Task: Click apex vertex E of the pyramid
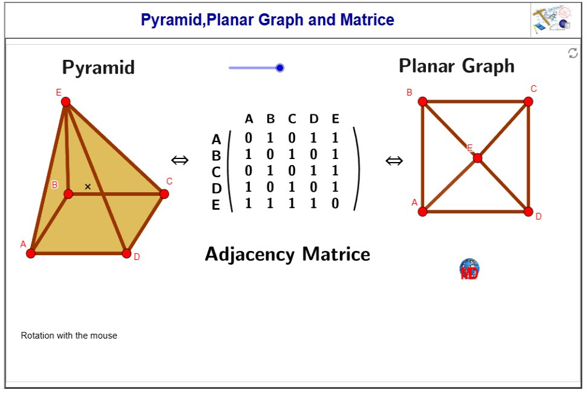coord(65,102)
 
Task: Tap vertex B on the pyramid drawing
coord(68,193)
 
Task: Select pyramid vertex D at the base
coord(126,253)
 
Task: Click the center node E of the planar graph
coord(477,158)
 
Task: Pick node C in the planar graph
coord(528,102)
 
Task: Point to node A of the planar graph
coord(423,212)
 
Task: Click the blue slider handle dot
coord(279,68)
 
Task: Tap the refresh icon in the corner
coord(573,53)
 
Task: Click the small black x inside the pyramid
coord(88,187)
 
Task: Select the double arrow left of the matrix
coord(180,160)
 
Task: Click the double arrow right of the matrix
coord(394,160)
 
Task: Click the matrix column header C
coord(292,119)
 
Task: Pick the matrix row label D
coord(216,189)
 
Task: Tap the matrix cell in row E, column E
coord(335,204)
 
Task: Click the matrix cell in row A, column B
coord(270,138)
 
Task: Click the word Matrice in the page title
coord(367,20)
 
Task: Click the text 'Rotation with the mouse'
coord(69,336)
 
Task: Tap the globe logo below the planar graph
coord(469,269)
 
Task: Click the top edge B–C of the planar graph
coord(475,102)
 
